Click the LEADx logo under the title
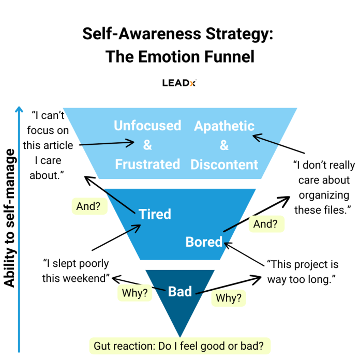(x=179, y=82)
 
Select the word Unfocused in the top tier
(x=147, y=126)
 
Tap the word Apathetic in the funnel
(x=224, y=126)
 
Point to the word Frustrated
(x=147, y=164)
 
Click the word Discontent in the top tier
(x=224, y=164)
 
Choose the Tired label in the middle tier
(x=155, y=214)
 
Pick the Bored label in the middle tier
(x=204, y=242)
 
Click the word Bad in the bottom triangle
(x=180, y=292)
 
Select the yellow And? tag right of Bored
(x=266, y=224)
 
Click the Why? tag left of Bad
(x=135, y=293)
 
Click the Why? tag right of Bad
(x=228, y=298)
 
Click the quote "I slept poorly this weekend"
(x=77, y=271)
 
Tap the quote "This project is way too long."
(x=303, y=271)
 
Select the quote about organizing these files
(x=323, y=187)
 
